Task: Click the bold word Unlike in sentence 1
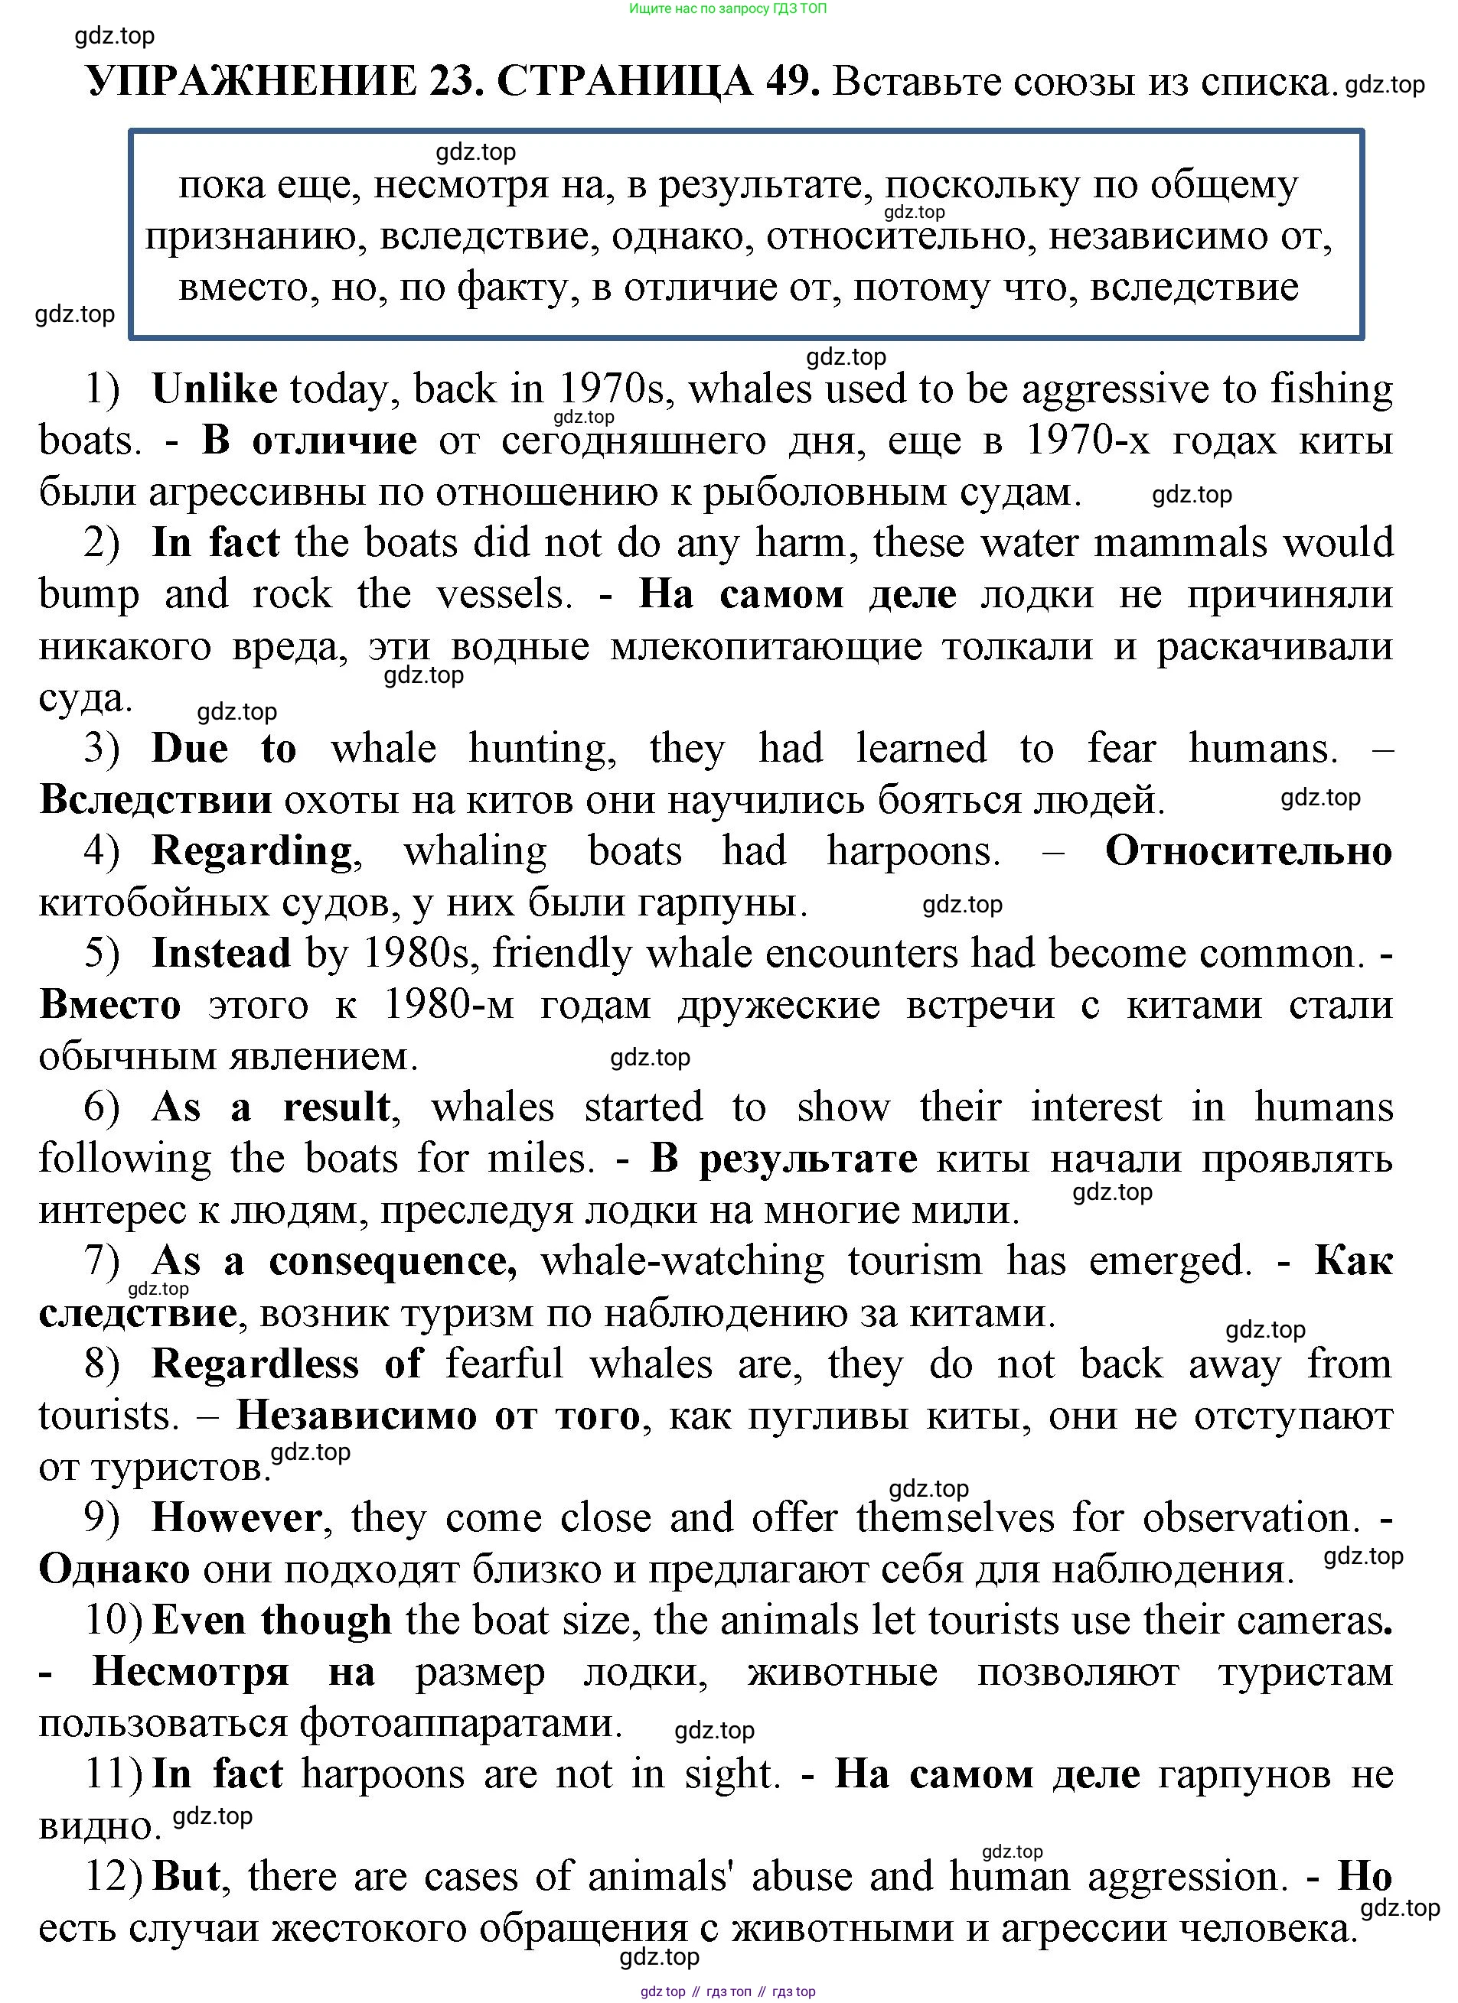pyautogui.click(x=215, y=389)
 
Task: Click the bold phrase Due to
pyautogui.click(x=223, y=749)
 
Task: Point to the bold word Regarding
pyautogui.click(x=252, y=851)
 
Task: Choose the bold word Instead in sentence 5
pyautogui.click(x=221, y=954)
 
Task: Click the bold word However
pyautogui.click(x=236, y=1517)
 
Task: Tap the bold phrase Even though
pyautogui.click(x=271, y=1620)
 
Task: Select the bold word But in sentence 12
pyautogui.click(x=185, y=1876)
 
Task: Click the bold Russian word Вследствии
pyautogui.click(x=155, y=800)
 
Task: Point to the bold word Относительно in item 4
pyautogui.click(x=1248, y=851)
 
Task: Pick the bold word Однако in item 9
pyautogui.click(x=114, y=1569)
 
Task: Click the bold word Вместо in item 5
pyautogui.click(x=109, y=1005)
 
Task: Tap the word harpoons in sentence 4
pyautogui.click(x=913, y=851)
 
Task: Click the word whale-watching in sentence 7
pyautogui.click(x=682, y=1261)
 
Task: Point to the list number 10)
pyautogui.click(x=113, y=1620)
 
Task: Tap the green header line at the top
pyautogui.click(x=728, y=9)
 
